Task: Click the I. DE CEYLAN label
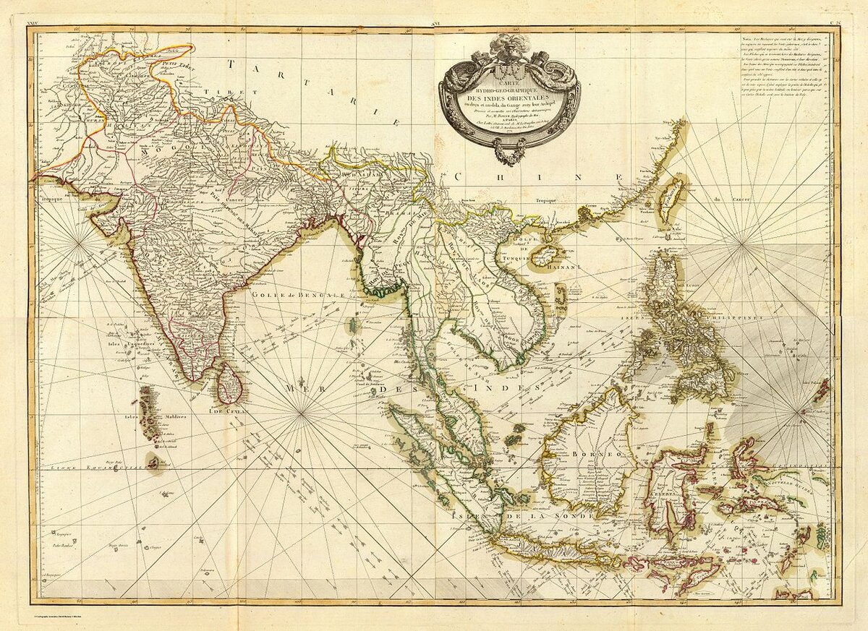point(229,410)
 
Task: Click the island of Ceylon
point(229,383)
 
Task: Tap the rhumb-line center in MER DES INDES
point(302,412)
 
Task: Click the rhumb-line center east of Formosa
point(743,246)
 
